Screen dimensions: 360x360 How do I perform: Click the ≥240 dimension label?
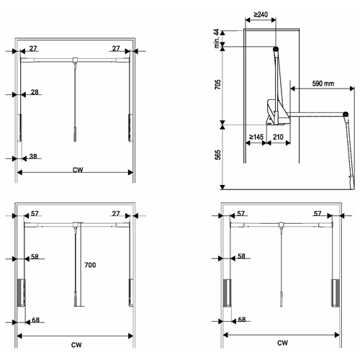coord(261,14)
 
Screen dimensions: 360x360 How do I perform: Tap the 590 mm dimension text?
coord(323,84)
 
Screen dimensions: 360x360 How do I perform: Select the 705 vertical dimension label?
coord(217,84)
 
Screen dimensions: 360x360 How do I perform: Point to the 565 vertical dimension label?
coord(217,155)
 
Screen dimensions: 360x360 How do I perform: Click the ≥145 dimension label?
coord(256,137)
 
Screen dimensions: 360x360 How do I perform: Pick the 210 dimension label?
coord(278,137)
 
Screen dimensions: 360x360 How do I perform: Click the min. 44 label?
coord(217,38)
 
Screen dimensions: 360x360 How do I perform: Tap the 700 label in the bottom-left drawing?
coord(90,265)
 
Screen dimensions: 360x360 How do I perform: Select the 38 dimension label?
coord(33,156)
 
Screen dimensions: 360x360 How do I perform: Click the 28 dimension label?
coord(35,92)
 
